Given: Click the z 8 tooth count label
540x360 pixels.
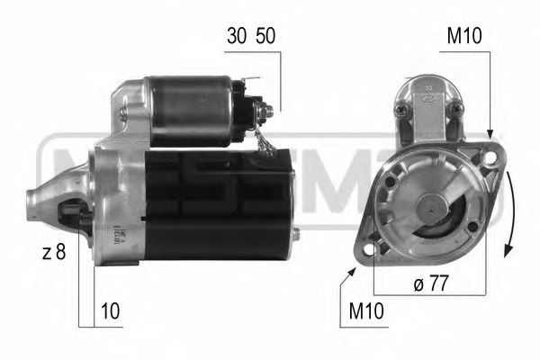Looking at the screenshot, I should coord(55,253).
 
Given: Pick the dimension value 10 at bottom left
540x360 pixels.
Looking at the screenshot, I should coord(110,310).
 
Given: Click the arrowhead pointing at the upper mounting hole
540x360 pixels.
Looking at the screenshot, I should coord(490,136).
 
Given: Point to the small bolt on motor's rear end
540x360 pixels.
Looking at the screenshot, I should coord(297,236).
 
